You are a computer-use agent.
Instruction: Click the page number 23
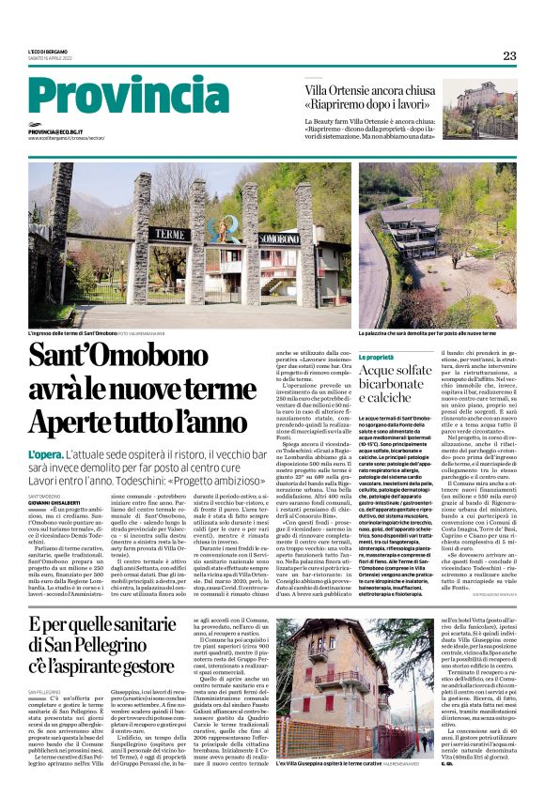[509, 55]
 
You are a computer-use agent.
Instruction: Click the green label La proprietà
[376, 358]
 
